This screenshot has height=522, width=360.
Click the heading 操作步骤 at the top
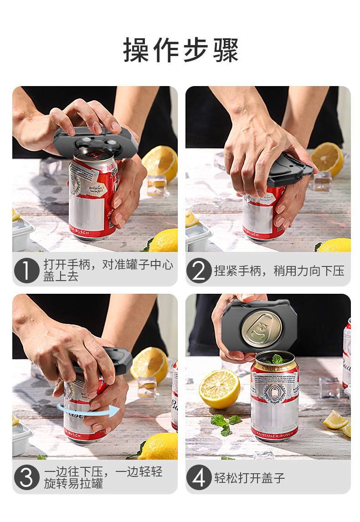coord(181,50)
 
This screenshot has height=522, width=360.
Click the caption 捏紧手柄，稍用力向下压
coord(279,271)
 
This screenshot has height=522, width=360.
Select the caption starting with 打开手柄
coord(108,271)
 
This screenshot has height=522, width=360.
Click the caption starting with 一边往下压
coord(103,477)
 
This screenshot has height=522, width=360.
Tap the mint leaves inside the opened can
coord(275,360)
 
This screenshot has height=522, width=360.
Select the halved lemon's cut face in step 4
coord(219,389)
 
